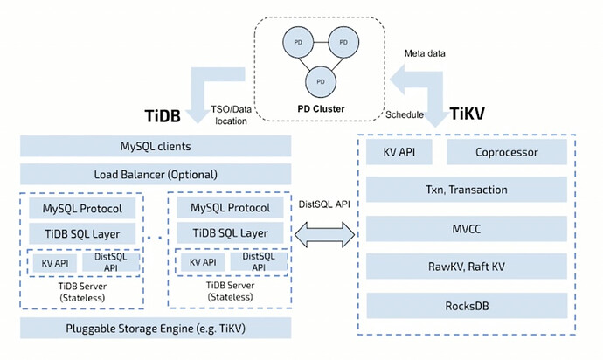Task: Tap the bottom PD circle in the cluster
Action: (319, 80)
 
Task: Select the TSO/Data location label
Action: (230, 114)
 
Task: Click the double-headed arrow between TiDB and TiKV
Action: (325, 233)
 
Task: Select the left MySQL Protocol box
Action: (82, 209)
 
